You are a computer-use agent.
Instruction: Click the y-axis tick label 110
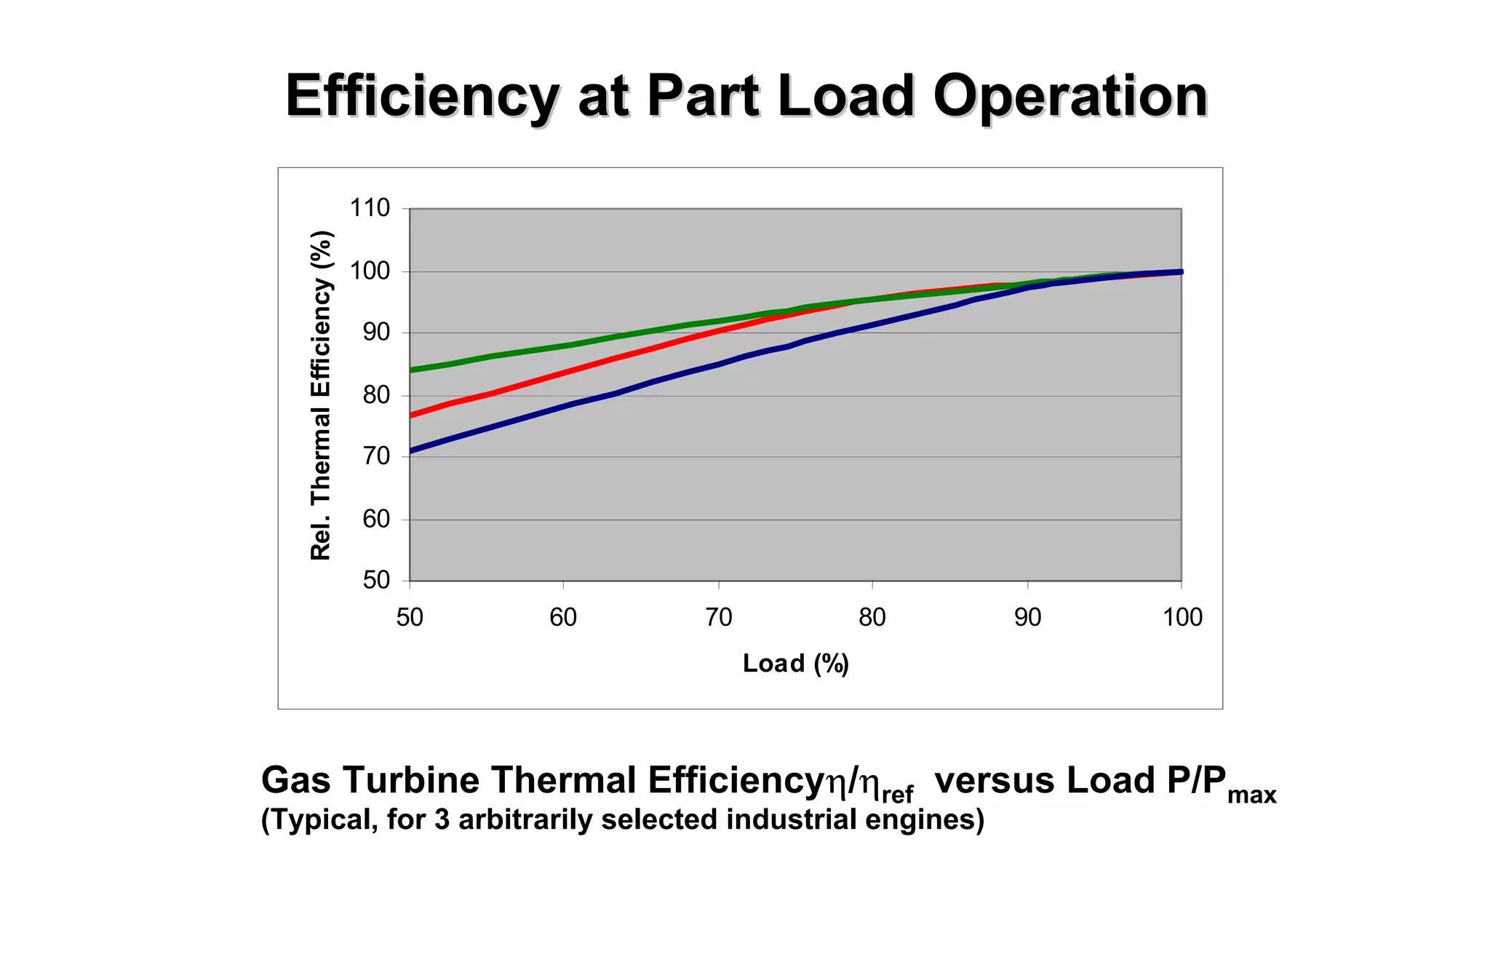370,208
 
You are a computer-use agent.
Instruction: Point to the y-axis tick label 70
376,457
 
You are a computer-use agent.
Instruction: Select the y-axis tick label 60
376,519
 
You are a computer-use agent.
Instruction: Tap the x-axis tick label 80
872,617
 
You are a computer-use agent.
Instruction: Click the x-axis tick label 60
562,617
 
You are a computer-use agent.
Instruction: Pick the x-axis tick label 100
1182,617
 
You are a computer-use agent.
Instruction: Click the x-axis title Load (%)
796,663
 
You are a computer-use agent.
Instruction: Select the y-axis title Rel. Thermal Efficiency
321,395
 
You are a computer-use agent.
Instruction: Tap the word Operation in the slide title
1070,96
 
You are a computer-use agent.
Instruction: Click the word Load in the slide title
845,96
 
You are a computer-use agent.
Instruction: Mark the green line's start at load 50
411,370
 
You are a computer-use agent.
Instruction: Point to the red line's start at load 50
411,416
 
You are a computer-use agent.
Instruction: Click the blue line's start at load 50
411,451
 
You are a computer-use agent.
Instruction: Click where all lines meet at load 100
1180,272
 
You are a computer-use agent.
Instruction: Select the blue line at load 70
719,364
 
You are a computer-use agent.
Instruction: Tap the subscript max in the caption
1251,795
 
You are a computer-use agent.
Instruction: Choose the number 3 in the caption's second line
442,820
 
